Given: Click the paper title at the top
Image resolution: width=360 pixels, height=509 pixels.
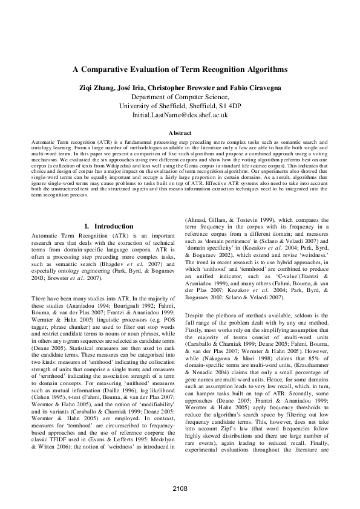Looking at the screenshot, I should pyautogui.click(x=180, y=70).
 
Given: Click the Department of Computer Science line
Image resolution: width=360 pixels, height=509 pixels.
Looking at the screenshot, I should pyautogui.click(x=180, y=96).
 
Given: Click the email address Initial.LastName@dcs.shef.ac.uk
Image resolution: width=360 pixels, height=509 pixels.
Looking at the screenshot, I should pyautogui.click(x=180, y=114).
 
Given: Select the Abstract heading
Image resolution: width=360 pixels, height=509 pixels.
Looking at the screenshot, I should pyautogui.click(x=180, y=132).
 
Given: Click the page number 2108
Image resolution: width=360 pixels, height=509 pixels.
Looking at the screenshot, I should pyautogui.click(x=180, y=487).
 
